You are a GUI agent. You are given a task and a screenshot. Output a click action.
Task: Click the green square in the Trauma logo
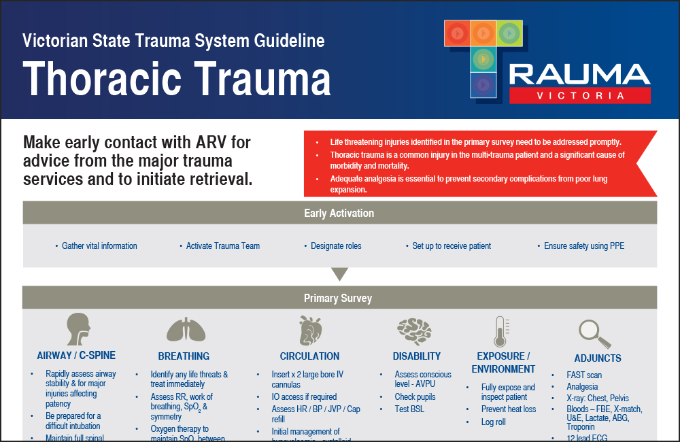click(509, 33)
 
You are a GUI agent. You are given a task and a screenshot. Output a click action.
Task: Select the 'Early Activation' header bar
click(339, 213)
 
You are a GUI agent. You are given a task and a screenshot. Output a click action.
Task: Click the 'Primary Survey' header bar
click(339, 298)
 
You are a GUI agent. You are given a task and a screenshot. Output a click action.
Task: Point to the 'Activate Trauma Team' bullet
click(223, 246)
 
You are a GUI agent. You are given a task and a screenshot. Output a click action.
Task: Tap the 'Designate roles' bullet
click(336, 246)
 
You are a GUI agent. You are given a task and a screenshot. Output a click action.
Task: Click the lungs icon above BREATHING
click(185, 330)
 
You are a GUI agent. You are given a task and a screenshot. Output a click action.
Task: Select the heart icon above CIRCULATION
click(309, 330)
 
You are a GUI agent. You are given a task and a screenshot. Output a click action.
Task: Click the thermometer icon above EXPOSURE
click(502, 332)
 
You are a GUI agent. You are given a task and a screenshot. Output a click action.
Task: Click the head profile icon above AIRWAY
click(78, 330)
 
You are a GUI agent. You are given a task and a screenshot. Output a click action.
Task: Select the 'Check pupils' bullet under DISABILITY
click(415, 397)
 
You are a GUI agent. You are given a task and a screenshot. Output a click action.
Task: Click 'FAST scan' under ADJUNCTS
click(584, 375)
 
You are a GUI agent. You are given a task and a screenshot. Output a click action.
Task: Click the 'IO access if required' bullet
click(304, 397)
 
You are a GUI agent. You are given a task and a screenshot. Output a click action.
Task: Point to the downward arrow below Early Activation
click(339, 275)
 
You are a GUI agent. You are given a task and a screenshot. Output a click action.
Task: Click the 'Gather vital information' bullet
click(99, 246)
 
